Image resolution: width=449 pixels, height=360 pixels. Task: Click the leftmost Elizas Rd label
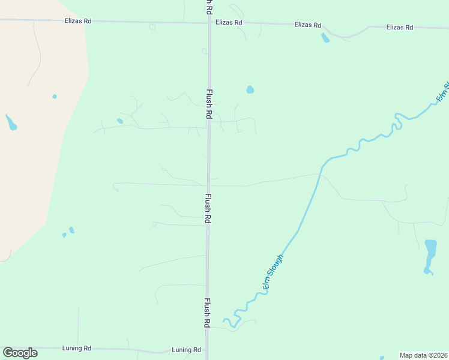(78, 21)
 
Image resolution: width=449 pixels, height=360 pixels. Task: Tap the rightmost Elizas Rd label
(400, 28)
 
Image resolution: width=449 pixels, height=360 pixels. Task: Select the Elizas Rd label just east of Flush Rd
(229, 23)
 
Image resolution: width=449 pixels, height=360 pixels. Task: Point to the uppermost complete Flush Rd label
(209, 104)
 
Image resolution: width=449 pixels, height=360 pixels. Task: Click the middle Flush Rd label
(208, 208)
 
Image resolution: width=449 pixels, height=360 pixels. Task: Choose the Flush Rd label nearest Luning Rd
(206, 312)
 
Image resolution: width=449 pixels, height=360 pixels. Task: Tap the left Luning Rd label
(76, 348)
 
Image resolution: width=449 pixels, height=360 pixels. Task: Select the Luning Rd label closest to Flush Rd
(186, 350)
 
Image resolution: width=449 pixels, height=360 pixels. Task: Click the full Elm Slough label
(273, 272)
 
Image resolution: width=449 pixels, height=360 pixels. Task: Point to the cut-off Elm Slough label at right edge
(442, 91)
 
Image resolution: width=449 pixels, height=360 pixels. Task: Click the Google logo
(20, 352)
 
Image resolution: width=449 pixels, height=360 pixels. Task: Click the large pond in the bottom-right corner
(430, 255)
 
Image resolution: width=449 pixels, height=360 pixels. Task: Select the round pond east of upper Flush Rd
(250, 90)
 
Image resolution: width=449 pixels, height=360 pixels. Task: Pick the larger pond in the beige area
(10, 123)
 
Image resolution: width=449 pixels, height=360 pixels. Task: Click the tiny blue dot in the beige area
(55, 96)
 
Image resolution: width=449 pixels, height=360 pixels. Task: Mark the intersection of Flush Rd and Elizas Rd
(209, 23)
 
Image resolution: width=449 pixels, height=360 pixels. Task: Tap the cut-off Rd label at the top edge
(208, 6)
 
